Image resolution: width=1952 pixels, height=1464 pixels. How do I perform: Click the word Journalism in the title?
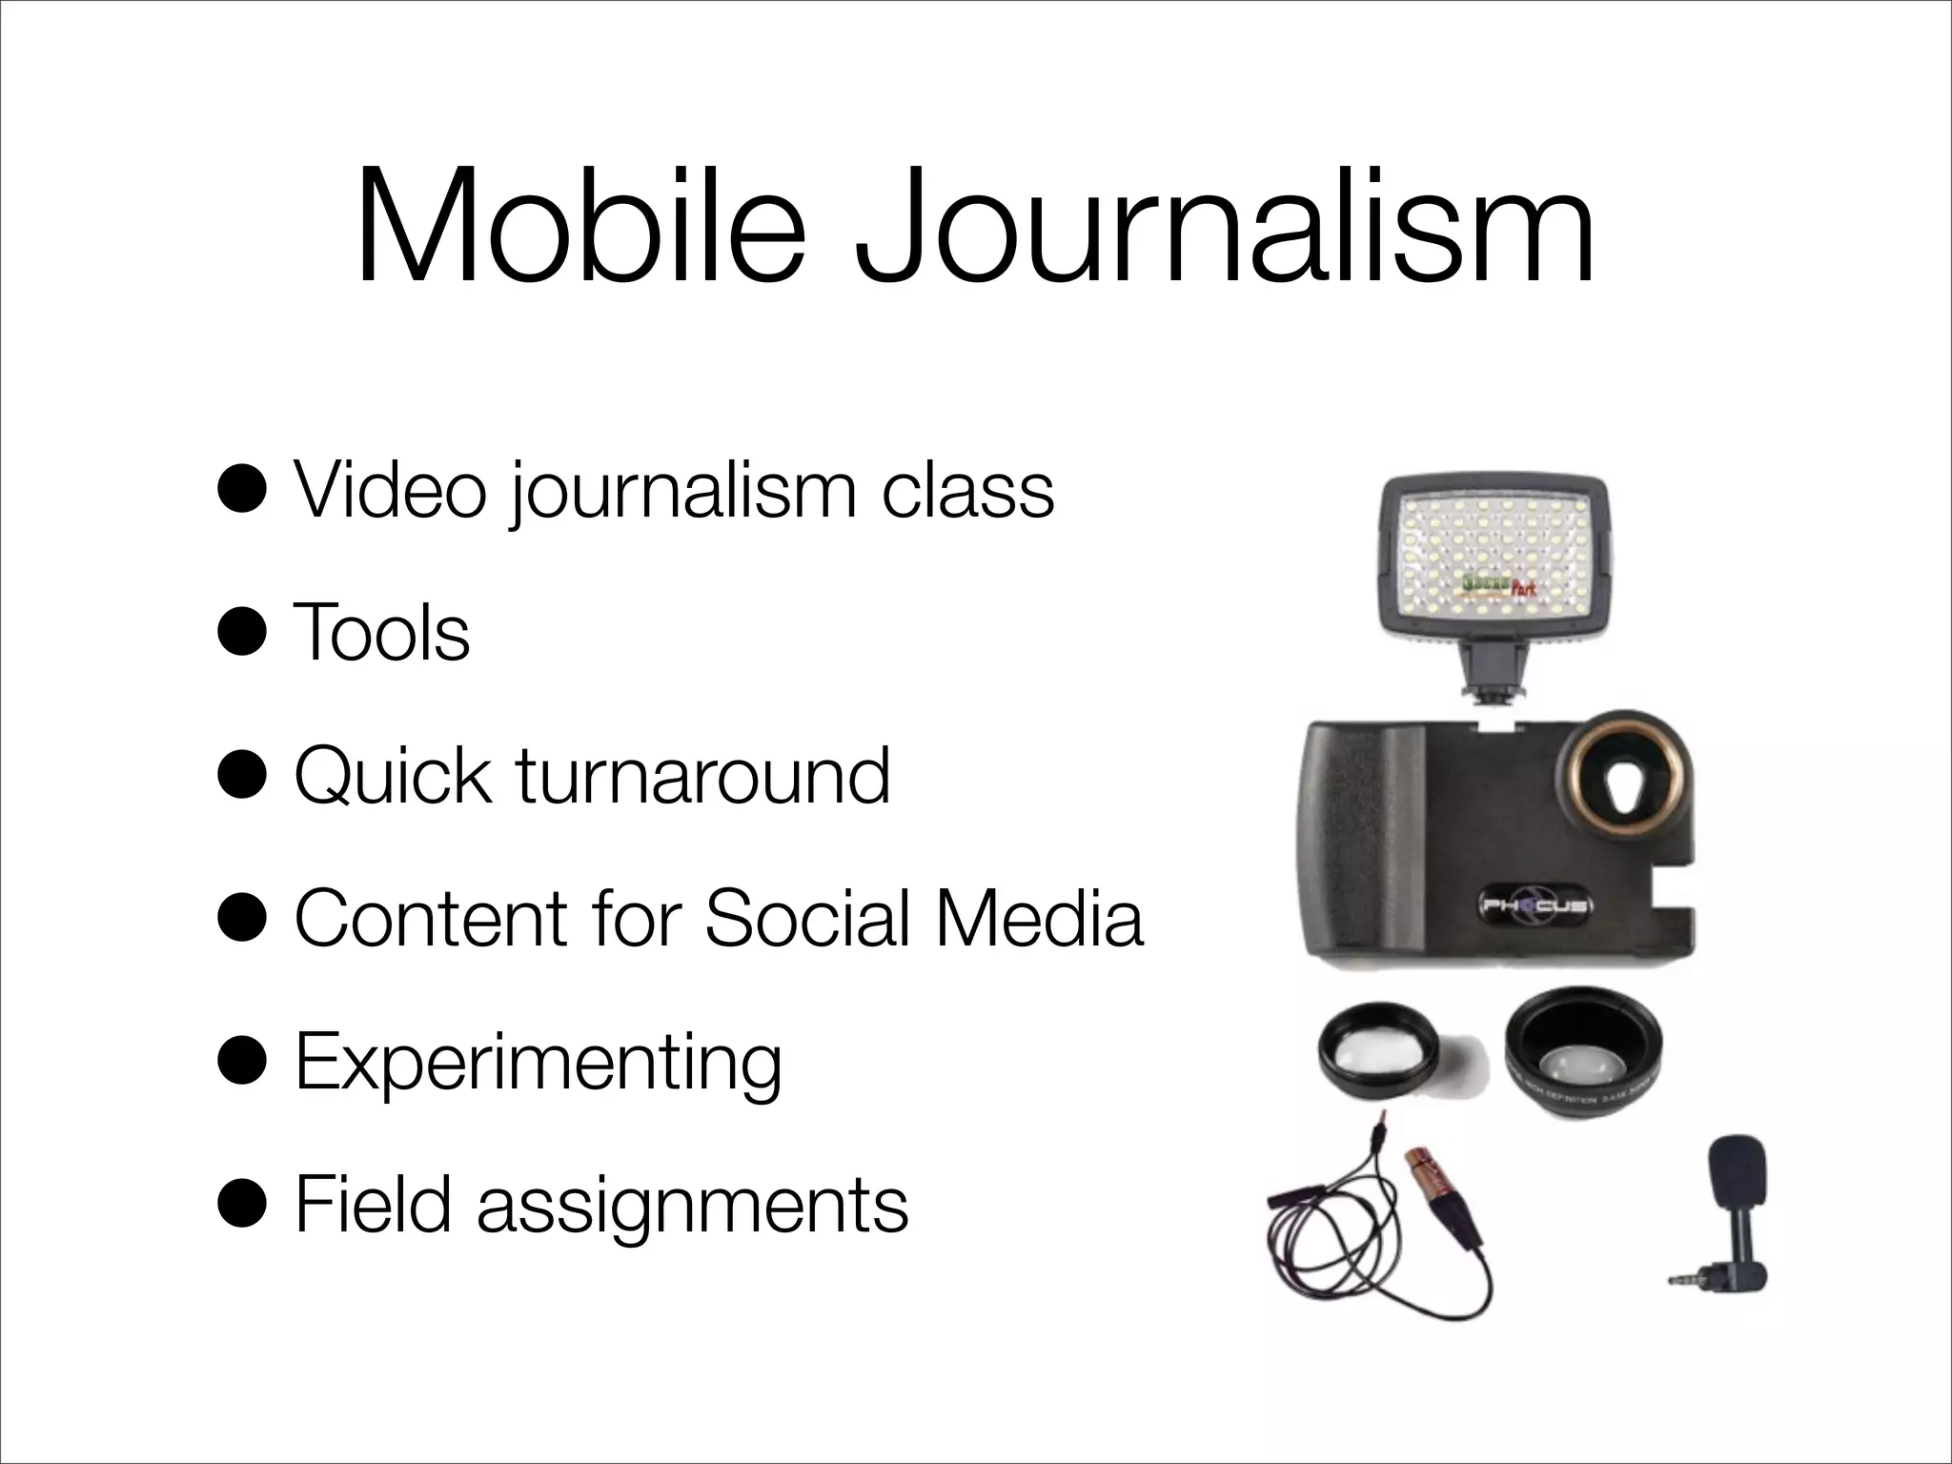1225,230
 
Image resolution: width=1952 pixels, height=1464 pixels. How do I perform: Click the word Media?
1039,919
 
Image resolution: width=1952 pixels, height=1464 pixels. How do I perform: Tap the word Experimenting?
539,1064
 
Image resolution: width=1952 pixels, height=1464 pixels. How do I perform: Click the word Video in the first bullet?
391,490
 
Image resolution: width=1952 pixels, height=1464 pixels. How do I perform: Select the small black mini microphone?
1730,1210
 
